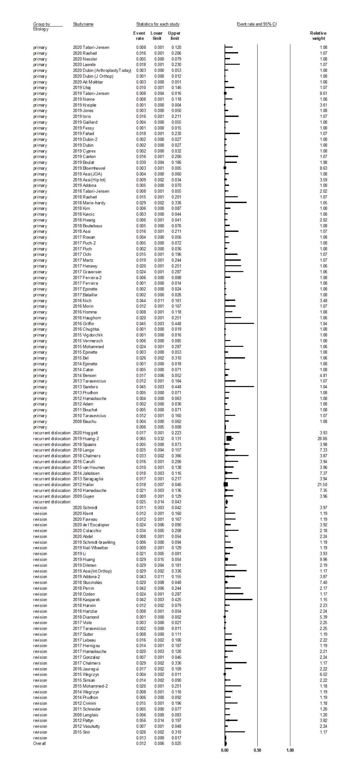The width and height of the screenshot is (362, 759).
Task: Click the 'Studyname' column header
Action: click(x=83, y=24)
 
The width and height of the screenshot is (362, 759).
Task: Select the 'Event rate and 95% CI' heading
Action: click(x=257, y=24)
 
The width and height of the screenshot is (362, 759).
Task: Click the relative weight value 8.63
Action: click(x=323, y=168)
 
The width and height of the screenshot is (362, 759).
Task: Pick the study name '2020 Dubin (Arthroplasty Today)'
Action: click(x=102, y=70)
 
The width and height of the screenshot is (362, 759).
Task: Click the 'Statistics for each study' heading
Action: click(x=158, y=24)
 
